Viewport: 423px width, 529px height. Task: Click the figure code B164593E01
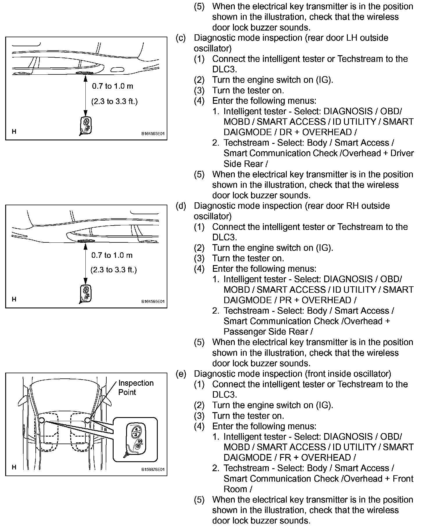coord(153,134)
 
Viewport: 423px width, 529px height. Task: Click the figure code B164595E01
coord(153,301)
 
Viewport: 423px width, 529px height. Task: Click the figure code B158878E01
coord(153,469)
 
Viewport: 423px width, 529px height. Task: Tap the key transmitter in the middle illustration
coord(85,294)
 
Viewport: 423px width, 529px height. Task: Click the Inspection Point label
coord(135,387)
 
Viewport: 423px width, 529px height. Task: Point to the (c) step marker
coord(180,38)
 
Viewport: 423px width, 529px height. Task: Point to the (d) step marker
coord(180,206)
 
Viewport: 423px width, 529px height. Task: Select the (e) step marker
coord(180,374)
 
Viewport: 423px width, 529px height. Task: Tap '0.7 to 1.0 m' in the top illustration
coord(112,86)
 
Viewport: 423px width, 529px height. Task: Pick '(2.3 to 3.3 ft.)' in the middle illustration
coord(114,270)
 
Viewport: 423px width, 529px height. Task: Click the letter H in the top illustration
coord(14,131)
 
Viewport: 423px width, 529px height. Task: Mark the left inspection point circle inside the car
coord(42,420)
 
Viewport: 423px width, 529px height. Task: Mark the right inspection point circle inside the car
coord(87,420)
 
